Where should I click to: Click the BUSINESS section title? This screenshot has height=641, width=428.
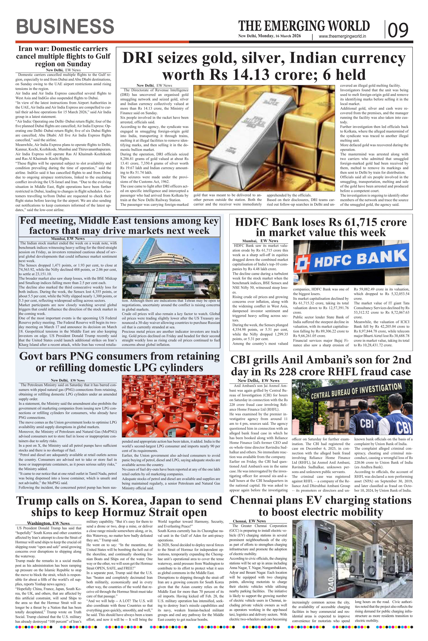point(65,27)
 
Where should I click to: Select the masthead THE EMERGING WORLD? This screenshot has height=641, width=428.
point(304,26)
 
